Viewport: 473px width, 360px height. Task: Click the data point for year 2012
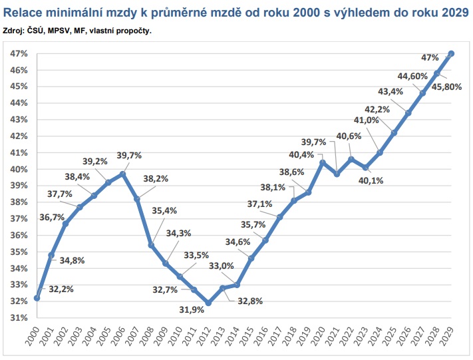[208, 303]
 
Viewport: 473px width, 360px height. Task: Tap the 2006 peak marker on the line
[123, 174]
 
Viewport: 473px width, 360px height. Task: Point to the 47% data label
[429, 57]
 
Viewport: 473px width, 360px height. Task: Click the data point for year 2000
[37, 298]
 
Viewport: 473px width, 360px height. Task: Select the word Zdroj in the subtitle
[15, 31]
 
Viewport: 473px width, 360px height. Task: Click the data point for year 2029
[451, 53]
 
